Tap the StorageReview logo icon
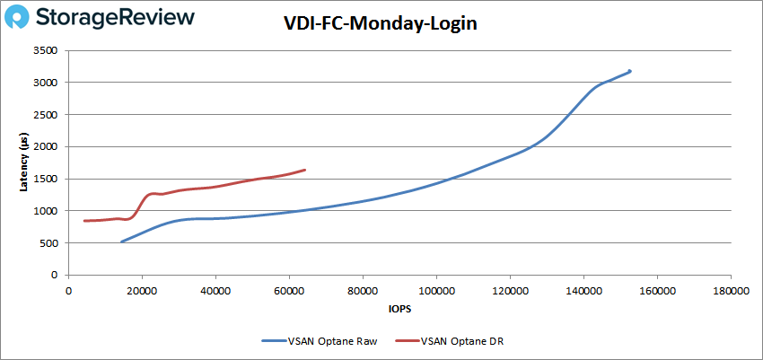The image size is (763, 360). [x=20, y=18]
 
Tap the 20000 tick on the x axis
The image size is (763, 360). [x=142, y=290]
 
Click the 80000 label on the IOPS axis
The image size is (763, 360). [x=362, y=290]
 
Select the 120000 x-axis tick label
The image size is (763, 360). [x=509, y=290]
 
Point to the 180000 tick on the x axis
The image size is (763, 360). [x=729, y=290]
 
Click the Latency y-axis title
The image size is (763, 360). [x=24, y=163]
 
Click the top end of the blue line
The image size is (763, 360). [x=630, y=71]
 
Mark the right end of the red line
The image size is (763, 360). [x=305, y=170]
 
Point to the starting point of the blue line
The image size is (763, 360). [x=122, y=241]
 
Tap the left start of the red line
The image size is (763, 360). [x=84, y=221]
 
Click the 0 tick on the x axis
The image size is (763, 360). [x=69, y=290]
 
